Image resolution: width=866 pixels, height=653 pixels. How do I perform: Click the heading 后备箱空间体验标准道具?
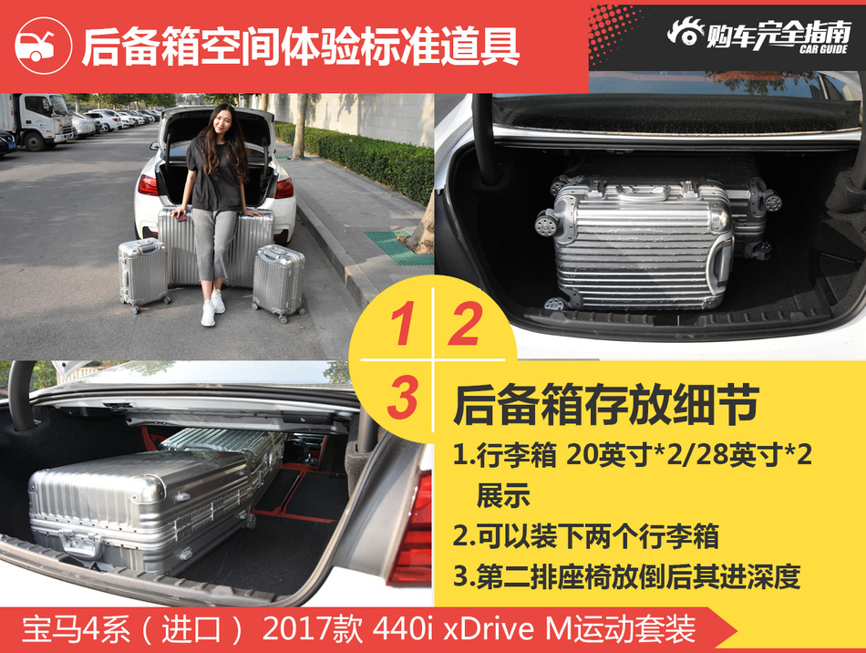tap(301, 47)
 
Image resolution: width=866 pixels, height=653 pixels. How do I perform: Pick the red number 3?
tap(401, 398)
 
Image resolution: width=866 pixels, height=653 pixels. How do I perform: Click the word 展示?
tap(502, 496)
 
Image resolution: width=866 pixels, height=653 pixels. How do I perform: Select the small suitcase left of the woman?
tap(143, 274)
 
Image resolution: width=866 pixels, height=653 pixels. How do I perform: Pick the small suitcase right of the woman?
tap(278, 281)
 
